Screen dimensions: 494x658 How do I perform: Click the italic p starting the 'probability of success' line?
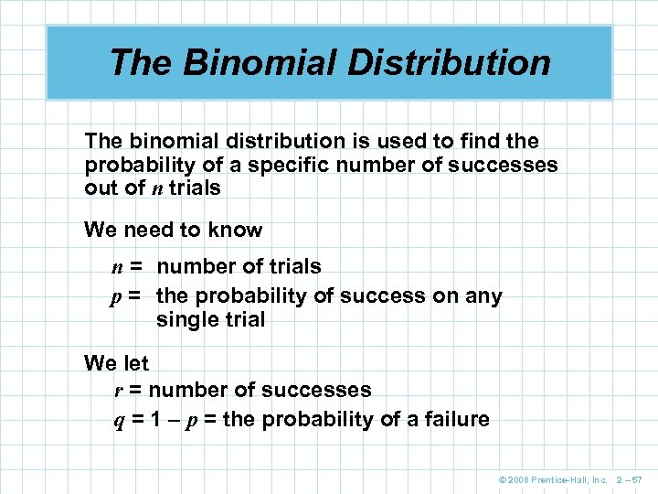coord(118,297)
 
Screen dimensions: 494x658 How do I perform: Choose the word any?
coord(484,296)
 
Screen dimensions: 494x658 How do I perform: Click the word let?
coord(133,363)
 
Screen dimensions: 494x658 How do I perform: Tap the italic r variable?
coord(119,391)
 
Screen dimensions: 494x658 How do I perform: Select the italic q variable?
coord(118,421)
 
